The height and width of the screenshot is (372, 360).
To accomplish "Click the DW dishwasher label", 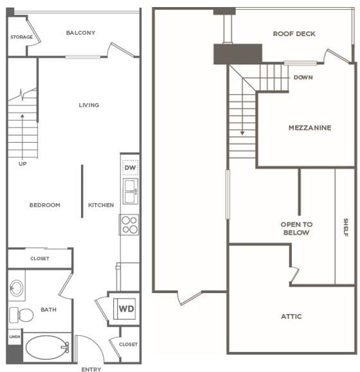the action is [130, 168].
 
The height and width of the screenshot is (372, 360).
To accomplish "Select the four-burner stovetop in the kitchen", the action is [129, 225].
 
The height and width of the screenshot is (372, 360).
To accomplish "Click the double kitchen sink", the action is [130, 191].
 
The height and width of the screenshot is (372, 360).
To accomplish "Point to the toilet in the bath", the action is [21, 315].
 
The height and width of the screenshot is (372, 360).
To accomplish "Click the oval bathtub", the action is [47, 348].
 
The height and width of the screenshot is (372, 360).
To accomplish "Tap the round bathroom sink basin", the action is [17, 288].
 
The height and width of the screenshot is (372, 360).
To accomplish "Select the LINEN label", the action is [15, 337].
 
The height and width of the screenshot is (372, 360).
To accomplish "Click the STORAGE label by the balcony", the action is [22, 37].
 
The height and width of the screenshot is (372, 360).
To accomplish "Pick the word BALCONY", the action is [81, 33].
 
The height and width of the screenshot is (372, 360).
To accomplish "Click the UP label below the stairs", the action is [22, 164].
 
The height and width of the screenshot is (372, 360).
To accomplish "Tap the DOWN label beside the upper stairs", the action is [303, 77].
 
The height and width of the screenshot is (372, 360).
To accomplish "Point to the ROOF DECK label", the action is [294, 34].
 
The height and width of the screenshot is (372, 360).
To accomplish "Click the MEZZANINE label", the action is [310, 128].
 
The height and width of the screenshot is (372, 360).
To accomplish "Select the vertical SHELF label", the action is [346, 227].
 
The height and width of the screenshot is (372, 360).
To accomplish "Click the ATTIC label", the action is [291, 316].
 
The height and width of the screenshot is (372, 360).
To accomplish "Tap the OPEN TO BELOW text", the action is [296, 229].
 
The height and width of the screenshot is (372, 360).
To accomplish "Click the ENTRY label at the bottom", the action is [91, 369].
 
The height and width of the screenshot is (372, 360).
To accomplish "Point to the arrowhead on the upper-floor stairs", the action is [242, 133].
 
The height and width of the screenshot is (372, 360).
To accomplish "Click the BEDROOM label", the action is [45, 205].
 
